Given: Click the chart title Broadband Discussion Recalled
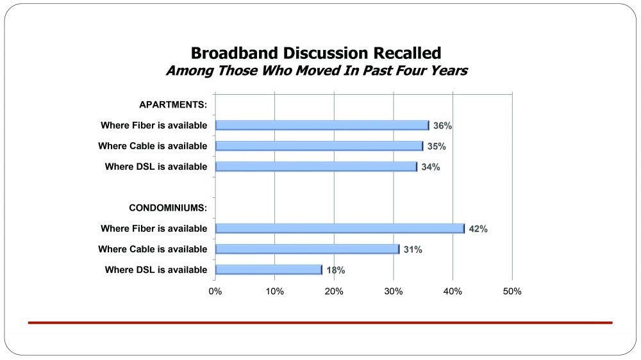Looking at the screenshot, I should pos(316,53).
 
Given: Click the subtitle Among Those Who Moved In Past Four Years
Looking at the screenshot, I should pos(316,70).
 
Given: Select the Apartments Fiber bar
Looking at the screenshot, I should pos(322,126).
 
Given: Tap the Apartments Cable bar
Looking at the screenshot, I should pos(319,146).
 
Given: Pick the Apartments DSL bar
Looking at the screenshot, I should pos(316,167).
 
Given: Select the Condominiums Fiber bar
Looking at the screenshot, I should pos(340,229).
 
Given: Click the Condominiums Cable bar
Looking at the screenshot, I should pos(307,249).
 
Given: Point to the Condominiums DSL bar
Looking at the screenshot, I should pos(269,270).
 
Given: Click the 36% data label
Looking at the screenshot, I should pos(442,126).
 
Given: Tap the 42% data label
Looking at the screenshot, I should pos(478,229).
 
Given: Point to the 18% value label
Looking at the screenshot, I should pos(335,270).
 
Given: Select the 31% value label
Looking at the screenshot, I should pos(412,250).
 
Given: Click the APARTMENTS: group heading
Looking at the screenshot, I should pos(173,105).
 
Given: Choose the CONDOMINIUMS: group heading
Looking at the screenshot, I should pos(168,208).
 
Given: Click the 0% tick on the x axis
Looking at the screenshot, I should pos(215,291).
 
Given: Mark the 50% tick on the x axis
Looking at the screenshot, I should pos(512,291).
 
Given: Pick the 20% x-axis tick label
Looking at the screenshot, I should pos(334,291).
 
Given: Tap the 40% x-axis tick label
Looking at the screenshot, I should pos(453,291).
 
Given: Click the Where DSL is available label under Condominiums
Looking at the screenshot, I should pos(156,270).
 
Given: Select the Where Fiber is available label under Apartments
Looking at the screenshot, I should pos(154,126).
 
